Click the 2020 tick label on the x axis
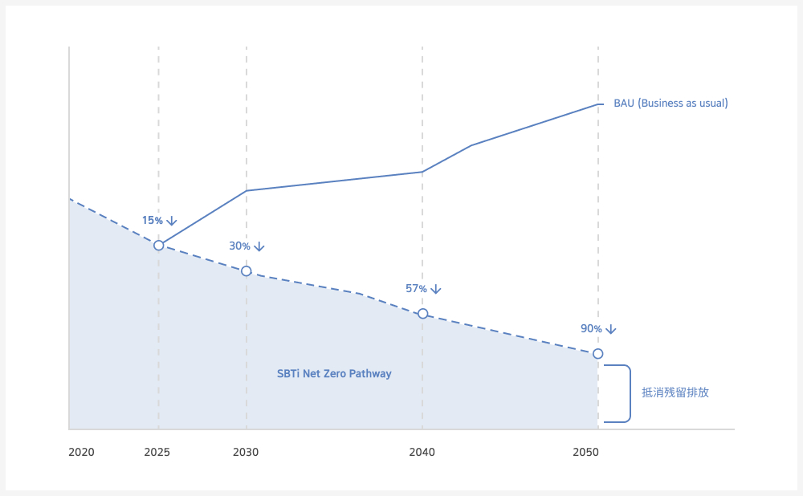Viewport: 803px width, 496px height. point(81,453)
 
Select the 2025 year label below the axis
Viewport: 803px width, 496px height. point(157,453)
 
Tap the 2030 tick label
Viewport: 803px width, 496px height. point(246,453)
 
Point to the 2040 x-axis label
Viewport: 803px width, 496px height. point(422,453)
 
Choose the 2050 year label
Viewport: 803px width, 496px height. point(585,453)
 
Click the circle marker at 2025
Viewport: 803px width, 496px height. point(159,245)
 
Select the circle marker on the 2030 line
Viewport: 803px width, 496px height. point(247,271)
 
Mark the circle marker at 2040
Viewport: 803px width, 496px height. point(422,314)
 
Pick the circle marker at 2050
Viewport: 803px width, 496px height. point(597,354)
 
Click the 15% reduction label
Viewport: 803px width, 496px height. point(153,221)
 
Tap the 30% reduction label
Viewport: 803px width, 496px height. point(239,246)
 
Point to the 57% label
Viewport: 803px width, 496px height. point(416,289)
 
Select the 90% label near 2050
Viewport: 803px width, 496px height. point(591,329)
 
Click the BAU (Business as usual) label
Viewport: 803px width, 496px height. point(671,104)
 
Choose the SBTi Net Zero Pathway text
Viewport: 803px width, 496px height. point(334,374)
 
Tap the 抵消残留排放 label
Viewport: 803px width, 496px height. point(675,393)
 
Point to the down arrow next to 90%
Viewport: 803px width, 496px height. point(611,329)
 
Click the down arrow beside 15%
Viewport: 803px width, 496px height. point(171,221)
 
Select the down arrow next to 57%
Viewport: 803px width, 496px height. point(436,289)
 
